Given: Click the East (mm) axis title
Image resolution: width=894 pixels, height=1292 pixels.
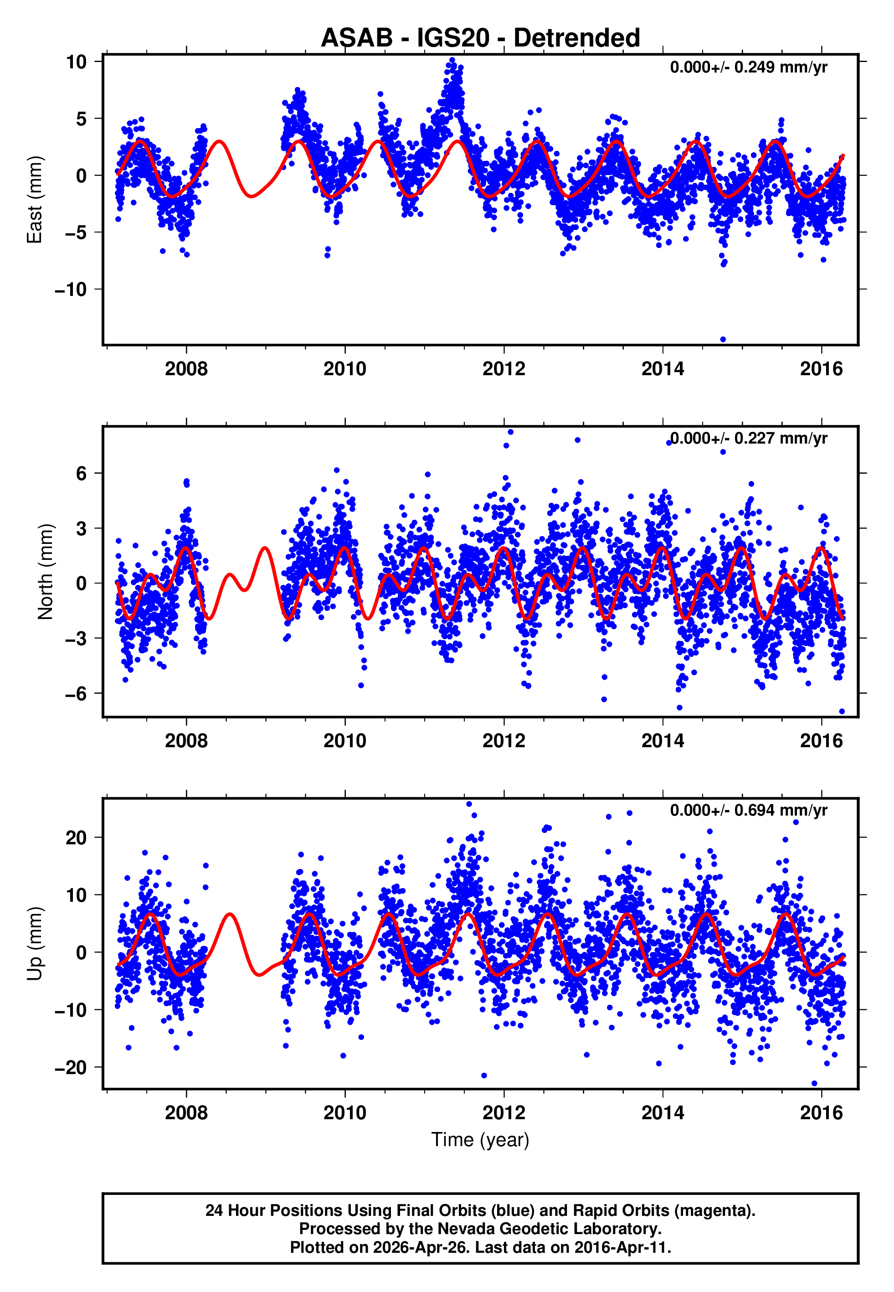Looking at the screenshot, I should (x=35, y=200).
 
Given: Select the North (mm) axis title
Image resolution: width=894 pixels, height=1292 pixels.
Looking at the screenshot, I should (x=46, y=572).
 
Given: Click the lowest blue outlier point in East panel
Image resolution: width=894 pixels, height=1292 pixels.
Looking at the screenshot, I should (x=723, y=340).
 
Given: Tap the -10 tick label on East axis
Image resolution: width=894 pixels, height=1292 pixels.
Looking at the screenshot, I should (x=71, y=289).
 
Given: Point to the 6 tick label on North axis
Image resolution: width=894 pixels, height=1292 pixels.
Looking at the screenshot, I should (x=81, y=473).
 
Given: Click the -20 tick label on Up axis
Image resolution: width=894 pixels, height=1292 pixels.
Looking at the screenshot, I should (x=71, y=1068).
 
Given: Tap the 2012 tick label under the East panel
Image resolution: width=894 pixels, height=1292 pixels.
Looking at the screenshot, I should (x=504, y=369).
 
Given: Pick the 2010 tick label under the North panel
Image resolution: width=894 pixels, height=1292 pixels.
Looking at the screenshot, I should (x=344, y=741).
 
